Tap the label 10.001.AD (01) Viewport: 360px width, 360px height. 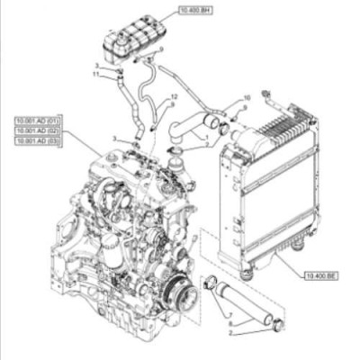(x=37, y=120)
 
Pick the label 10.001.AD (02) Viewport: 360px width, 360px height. (x=37, y=130)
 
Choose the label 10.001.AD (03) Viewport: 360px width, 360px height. (x=37, y=141)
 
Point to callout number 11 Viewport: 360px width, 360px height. (x=95, y=74)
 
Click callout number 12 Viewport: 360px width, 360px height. (x=174, y=95)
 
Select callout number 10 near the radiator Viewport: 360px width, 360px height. (x=247, y=96)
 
